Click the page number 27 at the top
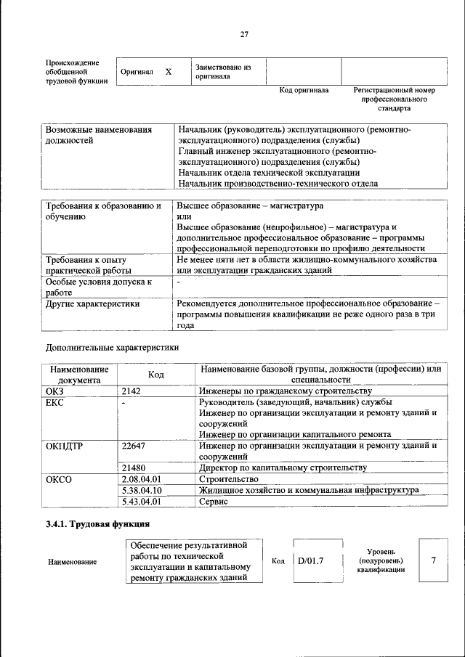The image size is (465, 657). pyautogui.click(x=244, y=34)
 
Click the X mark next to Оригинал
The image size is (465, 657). pyautogui.click(x=168, y=72)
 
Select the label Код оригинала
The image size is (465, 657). pyautogui.click(x=304, y=91)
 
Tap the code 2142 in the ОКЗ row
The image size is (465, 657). pyautogui.click(x=131, y=391)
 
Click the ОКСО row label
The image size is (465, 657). pyautogui.click(x=60, y=479)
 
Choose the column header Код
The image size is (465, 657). pyautogui.click(x=155, y=375)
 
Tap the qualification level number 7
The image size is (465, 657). pyautogui.click(x=434, y=560)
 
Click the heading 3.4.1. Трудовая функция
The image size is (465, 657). pyautogui.click(x=97, y=523)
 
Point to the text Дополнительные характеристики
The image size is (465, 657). pyautogui.click(x=112, y=347)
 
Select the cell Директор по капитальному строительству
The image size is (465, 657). pyautogui.click(x=287, y=468)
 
